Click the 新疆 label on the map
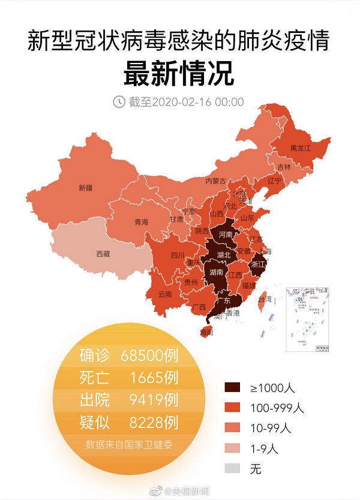[85, 188]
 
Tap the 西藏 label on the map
[103, 254]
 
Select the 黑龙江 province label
[301, 147]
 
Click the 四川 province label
[178, 255]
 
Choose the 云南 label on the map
[165, 294]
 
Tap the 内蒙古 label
[215, 180]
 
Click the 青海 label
[141, 222]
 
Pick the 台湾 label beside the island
[265, 299]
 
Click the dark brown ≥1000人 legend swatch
[235, 388]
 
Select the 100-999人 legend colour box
[235, 408]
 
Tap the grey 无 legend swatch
[235, 468]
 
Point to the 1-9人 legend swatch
[235, 448]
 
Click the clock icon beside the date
[120, 101]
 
